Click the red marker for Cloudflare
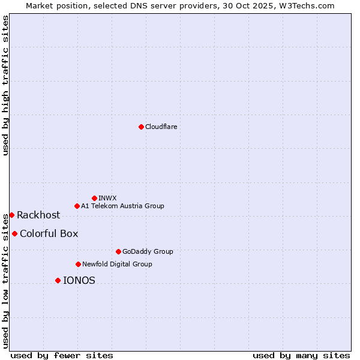141,127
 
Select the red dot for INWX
94,198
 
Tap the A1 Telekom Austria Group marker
77,206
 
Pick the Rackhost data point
11,215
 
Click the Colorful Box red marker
14,233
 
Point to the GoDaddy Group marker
118,251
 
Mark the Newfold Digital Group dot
78,264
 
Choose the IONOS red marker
58,280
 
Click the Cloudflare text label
161,127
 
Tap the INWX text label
107,198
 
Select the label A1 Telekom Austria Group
122,206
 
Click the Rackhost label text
38,215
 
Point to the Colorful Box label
49,233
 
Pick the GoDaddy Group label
147,251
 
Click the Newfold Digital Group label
117,264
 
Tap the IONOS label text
79,280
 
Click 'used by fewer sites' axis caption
62,355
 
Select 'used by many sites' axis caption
301,355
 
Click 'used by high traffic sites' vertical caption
5,85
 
